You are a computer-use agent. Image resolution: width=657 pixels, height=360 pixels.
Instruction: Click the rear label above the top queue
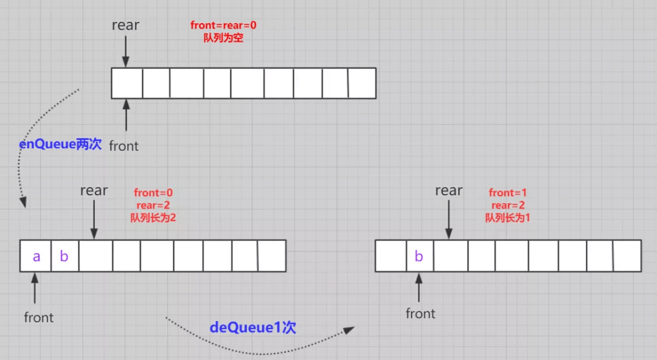125,26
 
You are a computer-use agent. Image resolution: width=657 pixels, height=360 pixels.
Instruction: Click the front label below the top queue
123,146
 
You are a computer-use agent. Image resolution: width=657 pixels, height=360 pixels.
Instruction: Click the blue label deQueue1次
252,327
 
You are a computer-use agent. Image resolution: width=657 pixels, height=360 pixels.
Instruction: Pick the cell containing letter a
36,257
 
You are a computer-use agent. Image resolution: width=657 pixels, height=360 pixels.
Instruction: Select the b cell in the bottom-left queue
64,257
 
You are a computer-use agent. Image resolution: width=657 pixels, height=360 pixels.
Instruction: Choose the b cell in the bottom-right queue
419,256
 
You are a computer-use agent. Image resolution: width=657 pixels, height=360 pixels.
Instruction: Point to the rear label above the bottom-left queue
94,190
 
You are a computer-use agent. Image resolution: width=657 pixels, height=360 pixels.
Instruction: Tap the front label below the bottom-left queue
39,317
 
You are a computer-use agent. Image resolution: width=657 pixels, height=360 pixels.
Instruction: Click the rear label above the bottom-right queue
449,190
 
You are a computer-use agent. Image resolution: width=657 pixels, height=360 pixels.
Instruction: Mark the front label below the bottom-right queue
420,314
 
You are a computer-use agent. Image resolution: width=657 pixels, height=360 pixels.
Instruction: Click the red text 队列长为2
153,217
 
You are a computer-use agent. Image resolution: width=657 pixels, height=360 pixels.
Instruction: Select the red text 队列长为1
508,217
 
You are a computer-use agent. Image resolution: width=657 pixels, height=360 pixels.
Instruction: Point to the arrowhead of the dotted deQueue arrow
349,330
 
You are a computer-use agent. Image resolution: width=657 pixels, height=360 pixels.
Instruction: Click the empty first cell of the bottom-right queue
391,256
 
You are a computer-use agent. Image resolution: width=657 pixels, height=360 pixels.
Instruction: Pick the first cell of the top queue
127,83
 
